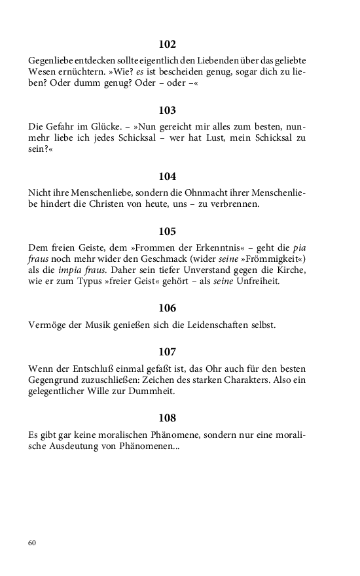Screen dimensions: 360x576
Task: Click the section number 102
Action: click(168, 45)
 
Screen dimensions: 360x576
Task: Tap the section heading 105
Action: click(168, 231)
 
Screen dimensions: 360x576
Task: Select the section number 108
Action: click(168, 418)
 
